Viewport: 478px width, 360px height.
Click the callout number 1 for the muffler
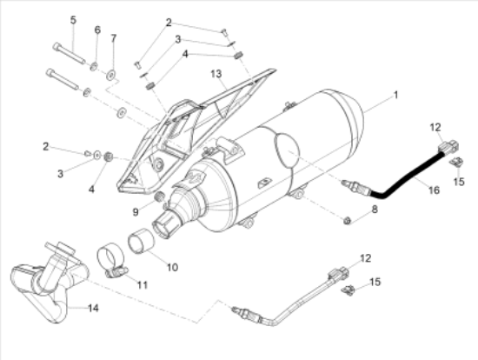396,96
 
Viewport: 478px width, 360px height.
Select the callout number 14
93,308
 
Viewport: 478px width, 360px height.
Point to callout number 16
434,190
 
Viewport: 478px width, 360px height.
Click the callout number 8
375,210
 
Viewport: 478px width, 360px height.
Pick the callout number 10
172,267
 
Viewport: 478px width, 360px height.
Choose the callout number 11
143,285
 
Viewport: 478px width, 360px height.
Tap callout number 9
136,212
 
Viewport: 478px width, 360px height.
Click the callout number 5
73,20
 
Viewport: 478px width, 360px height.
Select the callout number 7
113,38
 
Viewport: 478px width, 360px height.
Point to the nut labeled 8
347,220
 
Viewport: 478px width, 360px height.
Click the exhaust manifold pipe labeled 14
49,283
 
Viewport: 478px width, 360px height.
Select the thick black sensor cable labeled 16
406,177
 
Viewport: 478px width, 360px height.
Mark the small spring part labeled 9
160,197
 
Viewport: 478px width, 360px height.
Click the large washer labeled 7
111,75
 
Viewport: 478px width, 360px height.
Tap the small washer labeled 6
94,66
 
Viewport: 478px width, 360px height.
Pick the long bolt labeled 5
70,54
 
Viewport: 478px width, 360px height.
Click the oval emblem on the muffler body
287,150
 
